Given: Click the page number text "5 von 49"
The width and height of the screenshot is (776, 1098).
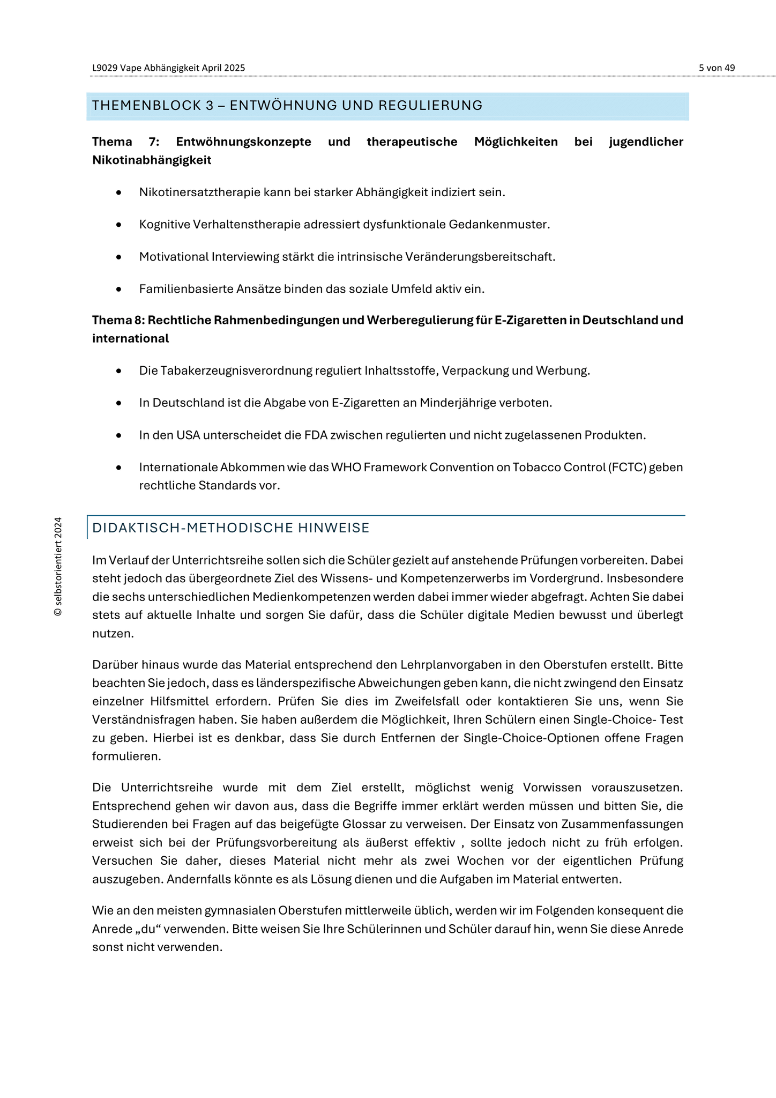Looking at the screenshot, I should (x=717, y=68).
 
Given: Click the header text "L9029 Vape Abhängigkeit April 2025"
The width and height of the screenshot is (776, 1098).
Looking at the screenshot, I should (x=168, y=68).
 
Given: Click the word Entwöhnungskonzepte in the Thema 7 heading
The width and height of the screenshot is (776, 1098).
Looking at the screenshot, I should (x=243, y=142).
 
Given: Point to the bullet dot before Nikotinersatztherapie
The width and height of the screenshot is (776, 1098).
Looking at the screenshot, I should (x=118, y=192).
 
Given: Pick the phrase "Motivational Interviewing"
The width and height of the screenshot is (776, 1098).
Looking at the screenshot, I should (x=209, y=257).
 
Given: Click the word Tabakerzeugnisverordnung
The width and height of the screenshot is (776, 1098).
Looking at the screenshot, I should (x=234, y=371).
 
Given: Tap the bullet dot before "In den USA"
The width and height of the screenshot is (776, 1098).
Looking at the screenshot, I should (x=118, y=435).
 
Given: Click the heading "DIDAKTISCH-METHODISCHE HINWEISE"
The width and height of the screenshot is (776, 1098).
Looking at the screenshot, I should (x=231, y=528).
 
